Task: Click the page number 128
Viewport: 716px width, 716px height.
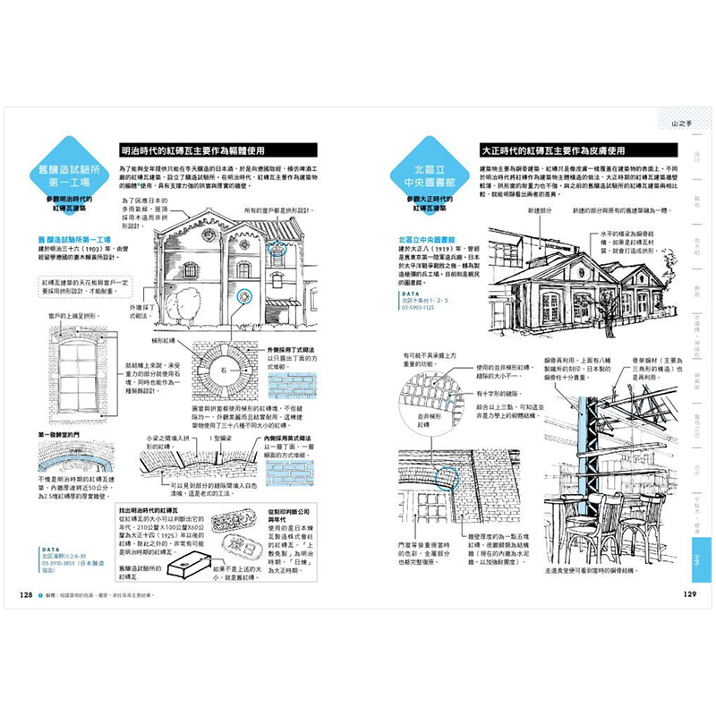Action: point(24,594)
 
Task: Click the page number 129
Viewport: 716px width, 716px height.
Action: point(690,594)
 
